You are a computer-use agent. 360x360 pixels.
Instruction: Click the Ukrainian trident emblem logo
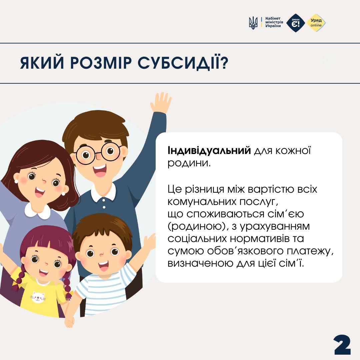click(x=253, y=23)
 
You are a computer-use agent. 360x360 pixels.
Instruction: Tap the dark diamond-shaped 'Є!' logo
click(x=296, y=23)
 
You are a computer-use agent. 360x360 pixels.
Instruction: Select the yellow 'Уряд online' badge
click(x=316, y=23)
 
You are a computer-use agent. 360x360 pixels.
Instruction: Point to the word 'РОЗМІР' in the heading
click(x=101, y=62)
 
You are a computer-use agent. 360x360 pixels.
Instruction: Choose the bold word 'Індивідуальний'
click(x=209, y=150)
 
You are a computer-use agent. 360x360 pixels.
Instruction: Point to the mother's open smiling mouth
click(x=39, y=192)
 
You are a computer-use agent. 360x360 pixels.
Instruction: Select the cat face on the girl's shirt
click(x=38, y=297)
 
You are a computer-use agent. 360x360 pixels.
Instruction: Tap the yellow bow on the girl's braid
click(x=16, y=285)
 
